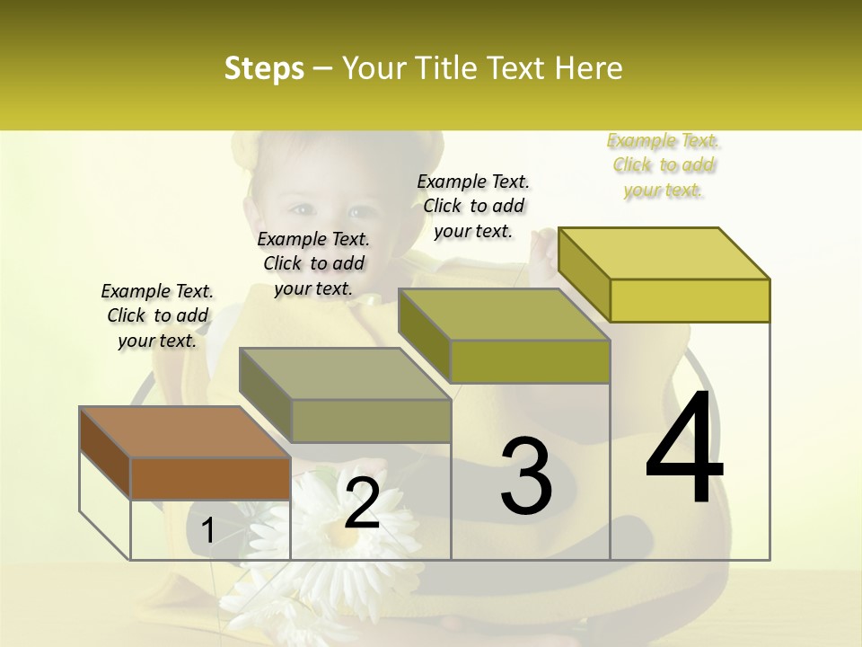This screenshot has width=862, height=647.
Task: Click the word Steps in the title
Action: click(263, 68)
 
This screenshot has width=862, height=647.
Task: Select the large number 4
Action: click(684, 449)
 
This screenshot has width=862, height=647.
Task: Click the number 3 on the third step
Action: click(526, 476)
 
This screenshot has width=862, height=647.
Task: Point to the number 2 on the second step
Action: click(362, 503)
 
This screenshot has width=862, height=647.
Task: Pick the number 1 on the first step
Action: click(208, 531)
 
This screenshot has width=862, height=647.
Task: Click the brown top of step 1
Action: click(184, 432)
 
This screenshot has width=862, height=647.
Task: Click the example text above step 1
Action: click(157, 315)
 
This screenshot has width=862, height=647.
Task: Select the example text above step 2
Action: click(313, 263)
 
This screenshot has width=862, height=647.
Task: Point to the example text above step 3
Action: click(473, 206)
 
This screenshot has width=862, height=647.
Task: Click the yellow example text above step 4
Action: click(664, 164)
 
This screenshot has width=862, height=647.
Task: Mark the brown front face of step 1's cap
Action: click(210, 479)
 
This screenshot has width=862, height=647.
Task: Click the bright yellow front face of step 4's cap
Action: click(690, 300)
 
